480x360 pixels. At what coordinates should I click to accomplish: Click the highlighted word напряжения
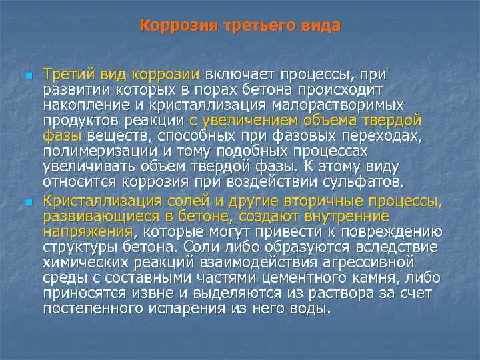88,232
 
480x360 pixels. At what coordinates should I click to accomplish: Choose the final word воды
312,309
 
